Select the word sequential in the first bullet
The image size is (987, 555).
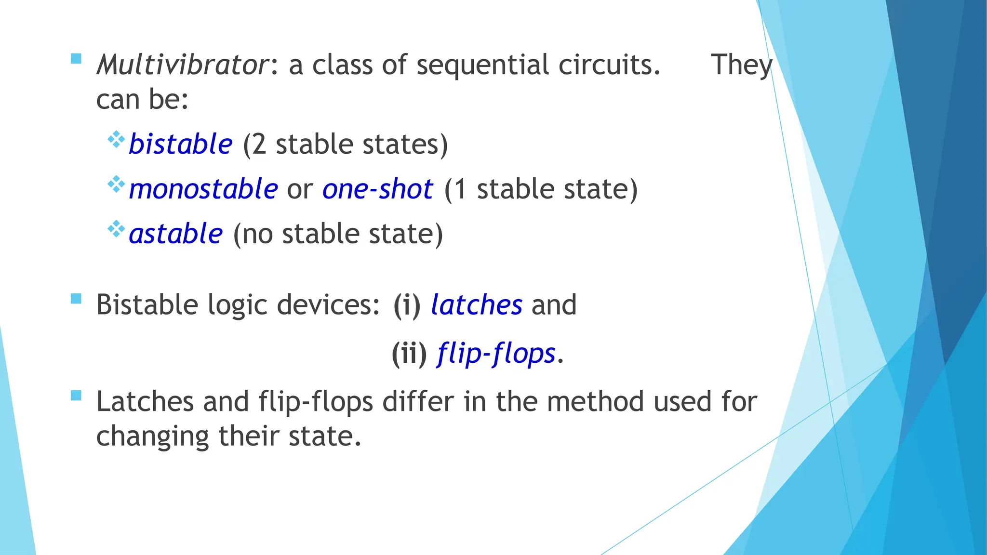coord(483,66)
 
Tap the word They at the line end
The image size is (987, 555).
coord(741,66)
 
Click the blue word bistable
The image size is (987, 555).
coord(181,144)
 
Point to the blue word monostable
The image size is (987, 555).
coord(203,189)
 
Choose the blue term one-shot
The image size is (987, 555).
coord(378,189)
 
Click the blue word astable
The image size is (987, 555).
coord(176,234)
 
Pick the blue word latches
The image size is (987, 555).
coord(477,305)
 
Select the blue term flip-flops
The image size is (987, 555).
coord(497,354)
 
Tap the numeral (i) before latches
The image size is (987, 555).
coord(407,305)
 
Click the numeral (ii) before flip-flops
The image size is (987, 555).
coord(409,354)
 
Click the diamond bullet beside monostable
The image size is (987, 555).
coord(116,184)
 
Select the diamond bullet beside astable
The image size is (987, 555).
coord(116,229)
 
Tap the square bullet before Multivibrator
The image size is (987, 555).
coord(76,59)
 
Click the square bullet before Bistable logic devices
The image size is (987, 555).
coord(76,299)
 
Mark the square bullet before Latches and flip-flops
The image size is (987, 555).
coord(76,396)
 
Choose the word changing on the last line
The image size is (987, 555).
coord(153,436)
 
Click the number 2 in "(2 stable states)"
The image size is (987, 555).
coord(259,144)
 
